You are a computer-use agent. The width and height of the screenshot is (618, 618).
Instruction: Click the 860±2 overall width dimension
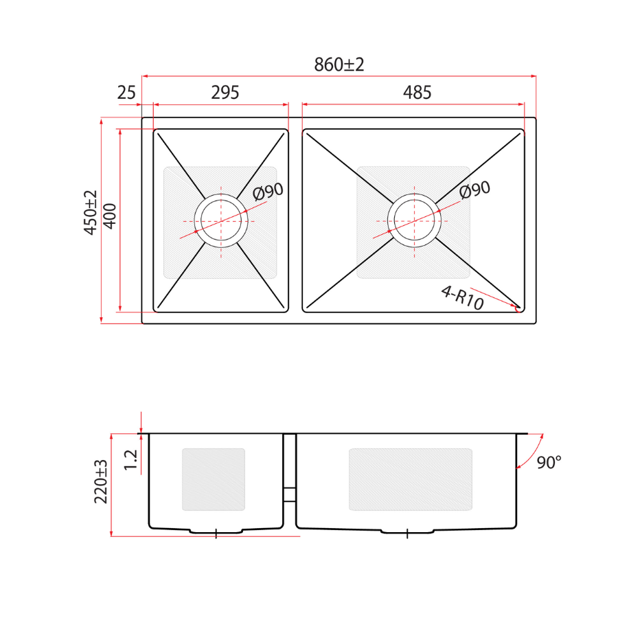pyautogui.click(x=339, y=65)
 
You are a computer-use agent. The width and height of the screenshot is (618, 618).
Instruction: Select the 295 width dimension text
pyautogui.click(x=220, y=93)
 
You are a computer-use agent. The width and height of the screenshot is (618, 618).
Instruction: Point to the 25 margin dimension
pyautogui.click(x=126, y=93)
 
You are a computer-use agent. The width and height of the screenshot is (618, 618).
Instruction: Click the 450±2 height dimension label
pyautogui.click(x=91, y=214)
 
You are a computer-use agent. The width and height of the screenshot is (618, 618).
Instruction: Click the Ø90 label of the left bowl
pyautogui.click(x=268, y=192)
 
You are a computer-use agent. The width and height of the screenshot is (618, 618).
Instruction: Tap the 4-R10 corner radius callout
pyautogui.click(x=462, y=298)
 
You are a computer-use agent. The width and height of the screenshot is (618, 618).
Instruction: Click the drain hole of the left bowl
pyautogui.click(x=220, y=221)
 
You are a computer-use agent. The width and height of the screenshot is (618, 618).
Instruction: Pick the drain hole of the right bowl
pyautogui.click(x=414, y=221)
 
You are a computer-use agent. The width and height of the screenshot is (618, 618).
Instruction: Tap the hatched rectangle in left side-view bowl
pyautogui.click(x=214, y=479)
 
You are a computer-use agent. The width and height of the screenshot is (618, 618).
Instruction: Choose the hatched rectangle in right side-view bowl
pyautogui.click(x=411, y=479)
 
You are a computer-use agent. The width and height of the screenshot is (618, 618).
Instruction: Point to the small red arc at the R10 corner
pyautogui.click(x=518, y=308)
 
